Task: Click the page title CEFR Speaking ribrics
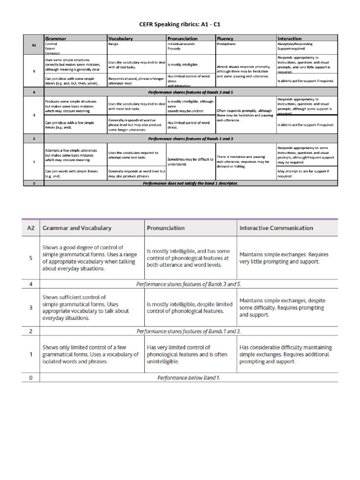pos(180,22)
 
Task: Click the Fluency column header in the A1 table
pos(225,38)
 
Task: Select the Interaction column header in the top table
pos(290,38)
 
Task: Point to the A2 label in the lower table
pos(30,228)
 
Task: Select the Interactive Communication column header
pos(276,228)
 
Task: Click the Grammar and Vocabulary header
pos(77,228)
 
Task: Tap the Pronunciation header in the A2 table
pos(166,228)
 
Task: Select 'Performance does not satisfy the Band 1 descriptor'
pos(190,183)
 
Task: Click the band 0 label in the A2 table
pos(30,377)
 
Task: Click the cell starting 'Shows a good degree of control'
pos(83,258)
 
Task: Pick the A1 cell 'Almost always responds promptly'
pos(244,70)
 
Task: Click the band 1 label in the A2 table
pos(30,354)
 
